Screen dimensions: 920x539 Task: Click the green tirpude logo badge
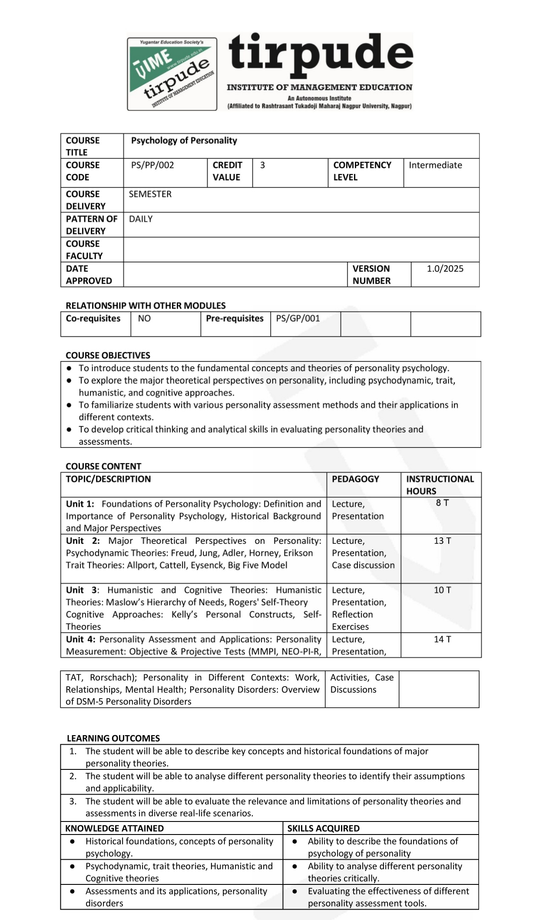coord(172,74)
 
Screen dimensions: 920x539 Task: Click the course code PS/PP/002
coord(152,165)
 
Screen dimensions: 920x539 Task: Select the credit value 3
coord(262,165)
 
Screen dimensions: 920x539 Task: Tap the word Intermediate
coord(435,165)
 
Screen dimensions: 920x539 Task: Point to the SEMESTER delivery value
coord(150,194)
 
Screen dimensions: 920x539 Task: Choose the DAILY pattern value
coord(141,219)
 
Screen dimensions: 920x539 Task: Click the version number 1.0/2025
coord(445,269)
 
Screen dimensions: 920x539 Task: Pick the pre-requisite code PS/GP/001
coord(298,319)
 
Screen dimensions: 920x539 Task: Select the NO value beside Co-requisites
coord(144,319)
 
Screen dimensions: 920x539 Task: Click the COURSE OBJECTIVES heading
coord(108,355)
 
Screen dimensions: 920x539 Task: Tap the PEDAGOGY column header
coord(355,479)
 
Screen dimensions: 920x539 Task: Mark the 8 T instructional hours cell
coord(442,503)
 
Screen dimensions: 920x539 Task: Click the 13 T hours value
coord(442,541)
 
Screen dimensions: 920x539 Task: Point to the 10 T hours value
coord(442,590)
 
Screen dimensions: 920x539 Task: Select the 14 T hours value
coord(442,639)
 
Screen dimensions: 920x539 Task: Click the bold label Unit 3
coord(82,590)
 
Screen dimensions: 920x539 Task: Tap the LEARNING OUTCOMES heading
coord(113,738)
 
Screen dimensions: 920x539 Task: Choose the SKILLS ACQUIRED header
coord(323,828)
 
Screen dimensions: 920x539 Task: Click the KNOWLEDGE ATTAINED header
coord(114,828)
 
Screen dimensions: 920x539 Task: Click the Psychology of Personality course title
coord(184,141)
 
